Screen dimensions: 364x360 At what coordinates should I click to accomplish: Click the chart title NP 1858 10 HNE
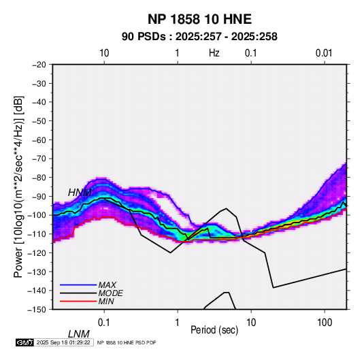pyautogui.click(x=199, y=19)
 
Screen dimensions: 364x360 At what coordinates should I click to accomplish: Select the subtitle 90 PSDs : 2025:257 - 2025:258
pyautogui.click(x=199, y=37)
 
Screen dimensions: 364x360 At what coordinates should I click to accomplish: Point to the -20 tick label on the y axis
pyautogui.click(x=39, y=65)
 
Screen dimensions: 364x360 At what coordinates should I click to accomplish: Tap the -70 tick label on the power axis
pyautogui.click(x=39, y=159)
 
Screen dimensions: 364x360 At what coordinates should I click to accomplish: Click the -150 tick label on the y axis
pyautogui.click(x=37, y=310)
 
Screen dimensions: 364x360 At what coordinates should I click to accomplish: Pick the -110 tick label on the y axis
pyautogui.click(x=37, y=234)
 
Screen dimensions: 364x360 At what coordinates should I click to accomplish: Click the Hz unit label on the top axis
pyautogui.click(x=214, y=53)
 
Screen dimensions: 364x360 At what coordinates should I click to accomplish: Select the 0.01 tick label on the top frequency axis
pyautogui.click(x=324, y=53)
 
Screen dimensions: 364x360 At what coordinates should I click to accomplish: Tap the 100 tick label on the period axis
pyautogui.click(x=325, y=323)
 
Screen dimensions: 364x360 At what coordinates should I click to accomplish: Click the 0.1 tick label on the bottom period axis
pyautogui.click(x=104, y=323)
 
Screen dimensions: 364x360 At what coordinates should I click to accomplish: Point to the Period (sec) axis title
pyautogui.click(x=214, y=330)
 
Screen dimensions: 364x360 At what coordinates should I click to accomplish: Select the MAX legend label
pyautogui.click(x=107, y=285)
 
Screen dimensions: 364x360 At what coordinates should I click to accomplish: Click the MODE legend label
pyautogui.click(x=110, y=293)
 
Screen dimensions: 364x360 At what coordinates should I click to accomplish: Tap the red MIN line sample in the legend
pyautogui.click(x=78, y=301)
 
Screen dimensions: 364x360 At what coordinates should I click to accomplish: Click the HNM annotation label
pyautogui.click(x=80, y=193)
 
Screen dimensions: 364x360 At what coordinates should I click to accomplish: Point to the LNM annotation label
pyautogui.click(x=79, y=334)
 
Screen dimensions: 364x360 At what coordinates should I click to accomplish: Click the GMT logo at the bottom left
pyautogui.click(x=25, y=342)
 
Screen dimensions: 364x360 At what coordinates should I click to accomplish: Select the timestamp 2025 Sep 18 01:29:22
pyautogui.click(x=63, y=342)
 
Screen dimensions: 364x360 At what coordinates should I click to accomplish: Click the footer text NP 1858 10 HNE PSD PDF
pyautogui.click(x=127, y=342)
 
